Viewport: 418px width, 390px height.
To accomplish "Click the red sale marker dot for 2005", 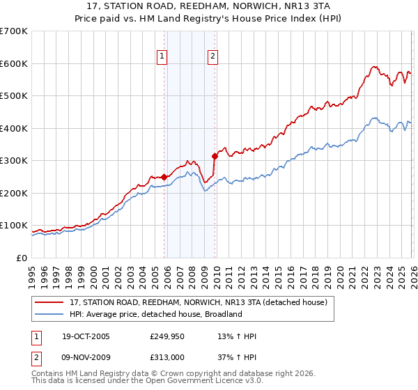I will click(x=164, y=177).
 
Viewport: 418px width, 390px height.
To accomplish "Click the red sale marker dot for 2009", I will click(x=215, y=157).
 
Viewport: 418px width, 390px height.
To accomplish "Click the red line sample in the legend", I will click(x=49, y=302).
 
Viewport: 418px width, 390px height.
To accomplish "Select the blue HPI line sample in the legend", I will click(x=49, y=314).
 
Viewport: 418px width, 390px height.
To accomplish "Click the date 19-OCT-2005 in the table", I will click(x=84, y=336).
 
